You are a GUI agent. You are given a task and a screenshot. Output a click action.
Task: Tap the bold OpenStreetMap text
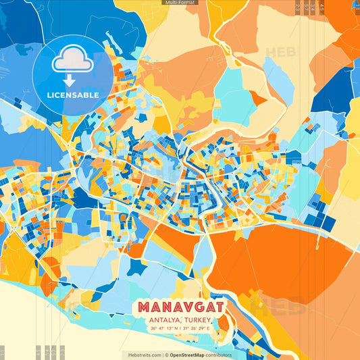click(x=187, y=355)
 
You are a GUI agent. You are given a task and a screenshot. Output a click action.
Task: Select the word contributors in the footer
click(x=218, y=355)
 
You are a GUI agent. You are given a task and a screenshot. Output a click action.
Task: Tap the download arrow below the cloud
click(x=72, y=80)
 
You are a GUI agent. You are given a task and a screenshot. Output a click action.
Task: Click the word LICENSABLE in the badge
click(x=72, y=95)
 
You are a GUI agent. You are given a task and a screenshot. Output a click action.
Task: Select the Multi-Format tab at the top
click(x=180, y=3)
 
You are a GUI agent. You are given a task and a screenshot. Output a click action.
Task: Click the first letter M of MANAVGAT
click(x=145, y=307)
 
